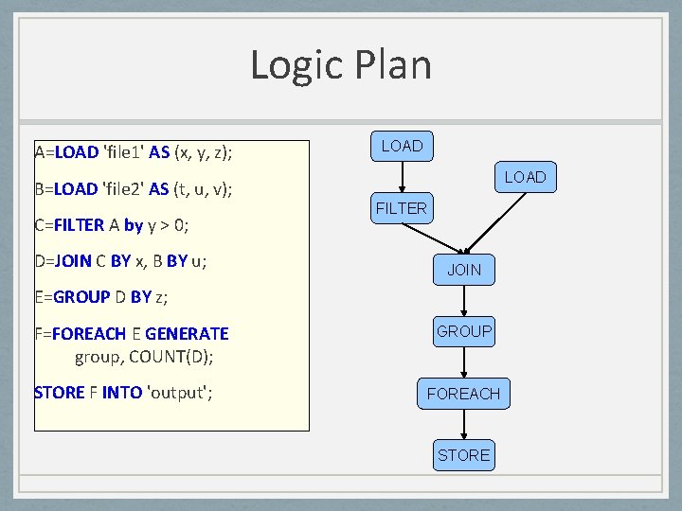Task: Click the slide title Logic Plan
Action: pos(341,65)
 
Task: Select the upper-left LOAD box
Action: pos(402,146)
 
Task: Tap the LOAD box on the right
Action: pos(524,177)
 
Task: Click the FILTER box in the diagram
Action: pos(402,208)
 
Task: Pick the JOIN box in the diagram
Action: pos(463,270)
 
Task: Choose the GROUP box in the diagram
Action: pos(463,331)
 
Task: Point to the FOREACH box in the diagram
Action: pos(463,394)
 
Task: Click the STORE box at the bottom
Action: pos(463,455)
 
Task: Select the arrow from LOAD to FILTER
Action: pos(402,177)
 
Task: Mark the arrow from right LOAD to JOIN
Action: pos(494,222)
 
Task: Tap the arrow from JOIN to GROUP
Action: pos(463,301)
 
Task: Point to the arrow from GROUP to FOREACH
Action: pos(463,362)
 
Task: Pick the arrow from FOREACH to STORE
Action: pos(463,424)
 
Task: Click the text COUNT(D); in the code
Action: pos(170,357)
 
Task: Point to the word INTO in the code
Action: pos(122,392)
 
